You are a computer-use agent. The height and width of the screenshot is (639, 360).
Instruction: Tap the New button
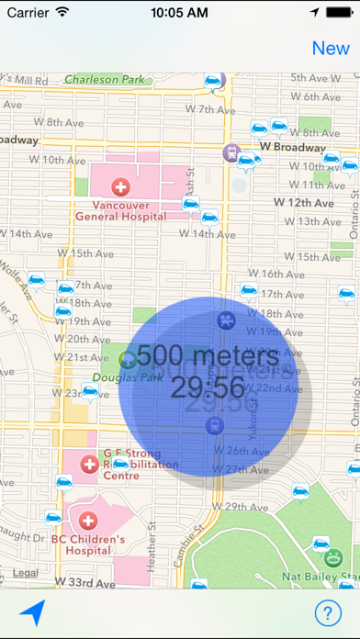point(331,49)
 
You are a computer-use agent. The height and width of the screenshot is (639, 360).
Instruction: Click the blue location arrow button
point(31,612)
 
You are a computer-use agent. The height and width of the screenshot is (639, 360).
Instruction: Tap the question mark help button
point(327,612)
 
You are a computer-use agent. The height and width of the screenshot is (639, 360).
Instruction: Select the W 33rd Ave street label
point(85,582)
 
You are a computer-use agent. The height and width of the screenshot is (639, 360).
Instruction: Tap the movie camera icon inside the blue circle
point(225,320)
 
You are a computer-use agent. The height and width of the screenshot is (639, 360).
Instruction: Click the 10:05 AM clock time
point(180,14)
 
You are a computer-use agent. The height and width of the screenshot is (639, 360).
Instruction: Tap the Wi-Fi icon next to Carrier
point(62,14)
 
